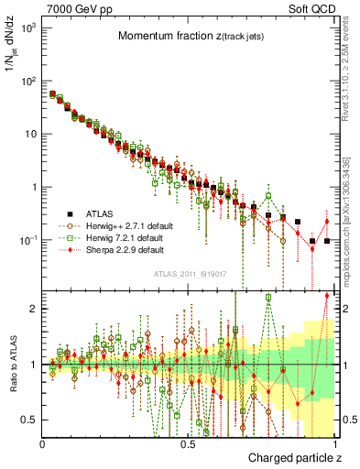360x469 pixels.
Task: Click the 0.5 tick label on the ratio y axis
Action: [x=32, y=420]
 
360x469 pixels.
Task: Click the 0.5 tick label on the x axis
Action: [x=189, y=444]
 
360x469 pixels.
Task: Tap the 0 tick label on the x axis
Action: [x=43, y=444]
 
